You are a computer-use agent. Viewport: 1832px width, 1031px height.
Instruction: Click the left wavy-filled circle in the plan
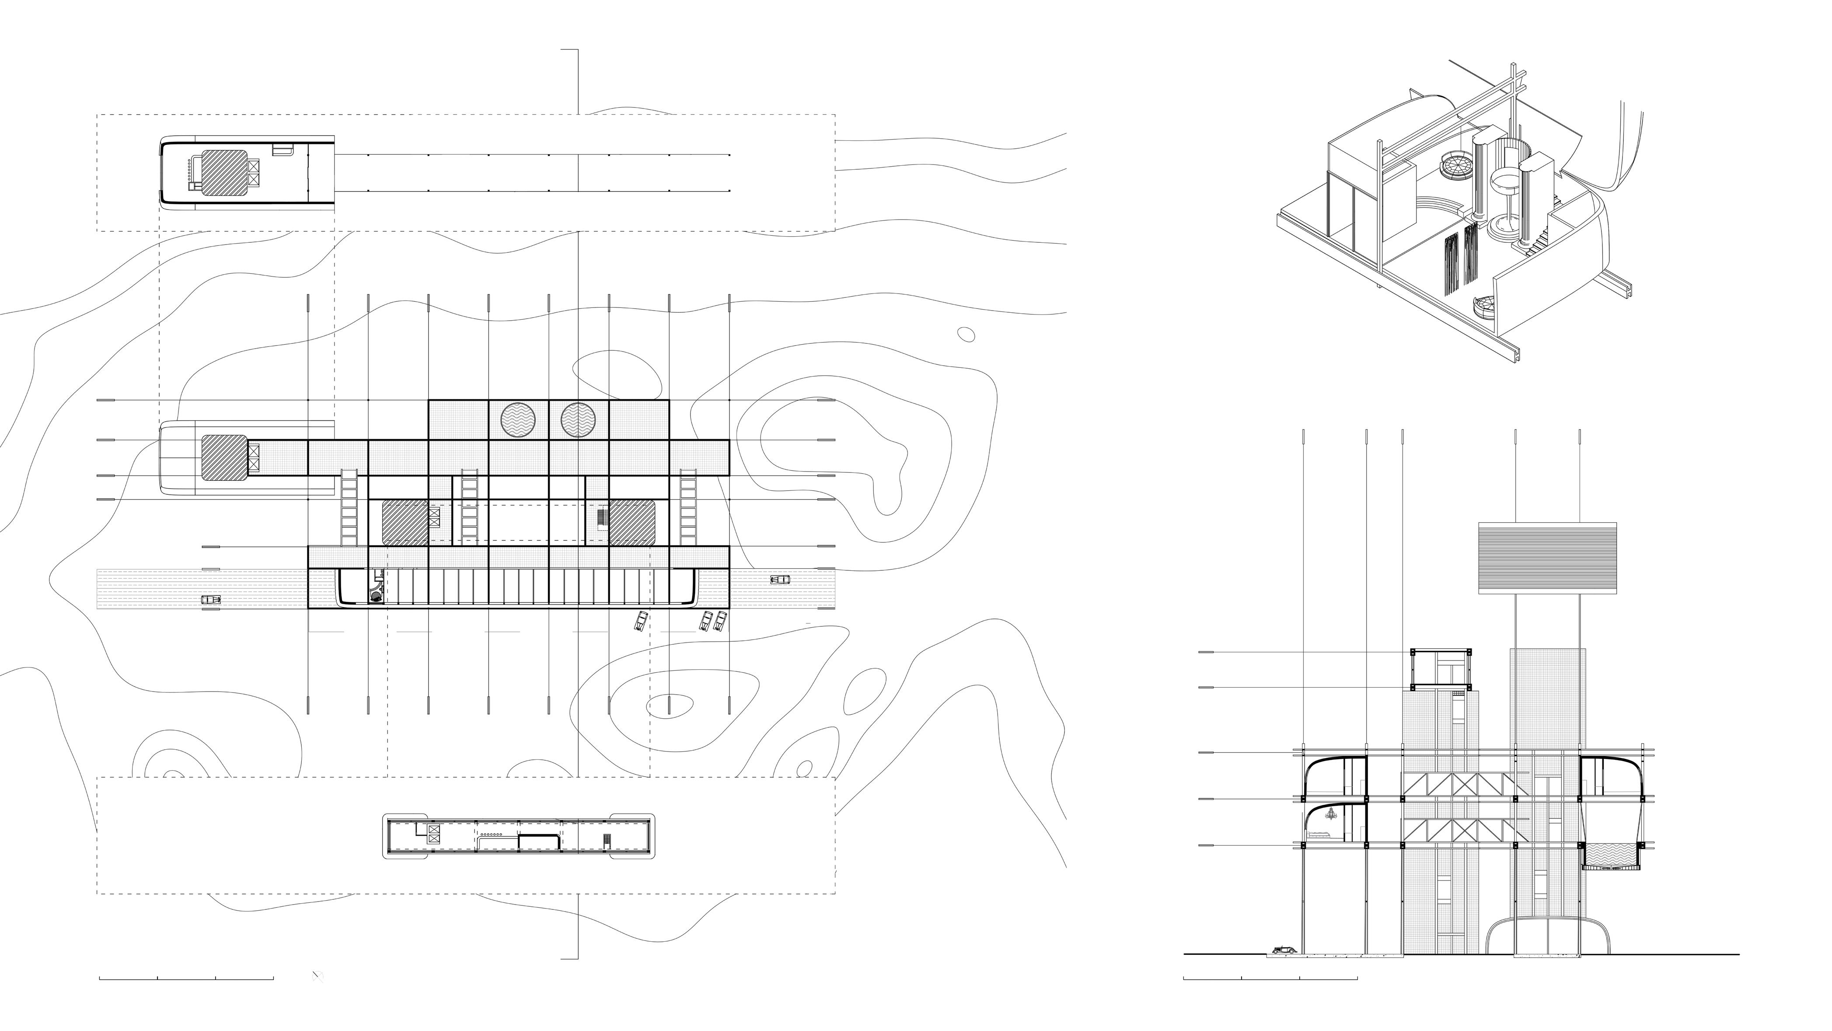(518, 420)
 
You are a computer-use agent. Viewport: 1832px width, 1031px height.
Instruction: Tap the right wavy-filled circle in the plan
(578, 420)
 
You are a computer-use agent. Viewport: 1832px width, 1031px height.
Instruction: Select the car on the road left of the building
(210, 600)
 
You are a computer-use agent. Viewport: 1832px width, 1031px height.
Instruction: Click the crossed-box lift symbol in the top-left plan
(255, 174)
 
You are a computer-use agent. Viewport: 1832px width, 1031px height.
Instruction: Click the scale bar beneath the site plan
(186, 979)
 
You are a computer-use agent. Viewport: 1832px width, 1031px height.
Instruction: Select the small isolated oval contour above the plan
(966, 334)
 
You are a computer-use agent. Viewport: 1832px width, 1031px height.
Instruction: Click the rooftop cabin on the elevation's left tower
(1441, 670)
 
